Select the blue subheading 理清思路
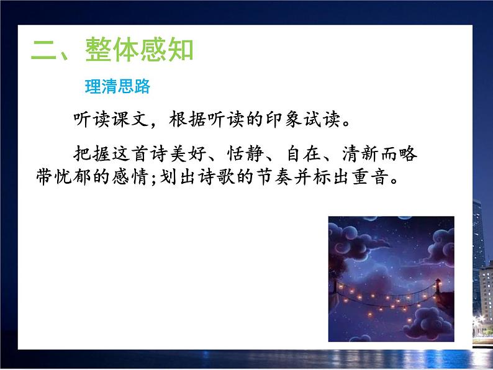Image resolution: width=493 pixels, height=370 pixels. (x=117, y=87)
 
